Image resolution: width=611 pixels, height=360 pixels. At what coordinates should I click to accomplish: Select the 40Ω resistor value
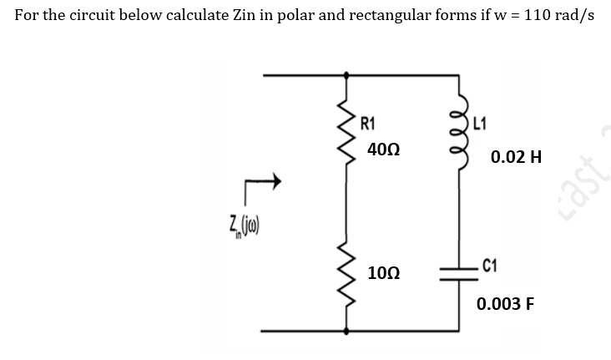point(382,150)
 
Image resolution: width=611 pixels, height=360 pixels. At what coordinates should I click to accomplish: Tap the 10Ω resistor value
point(382,274)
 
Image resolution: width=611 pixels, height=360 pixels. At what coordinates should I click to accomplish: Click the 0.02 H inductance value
point(516,156)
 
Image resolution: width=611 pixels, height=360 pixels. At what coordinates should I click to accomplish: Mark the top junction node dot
point(347,75)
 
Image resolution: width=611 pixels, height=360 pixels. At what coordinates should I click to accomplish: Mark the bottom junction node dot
point(347,331)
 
